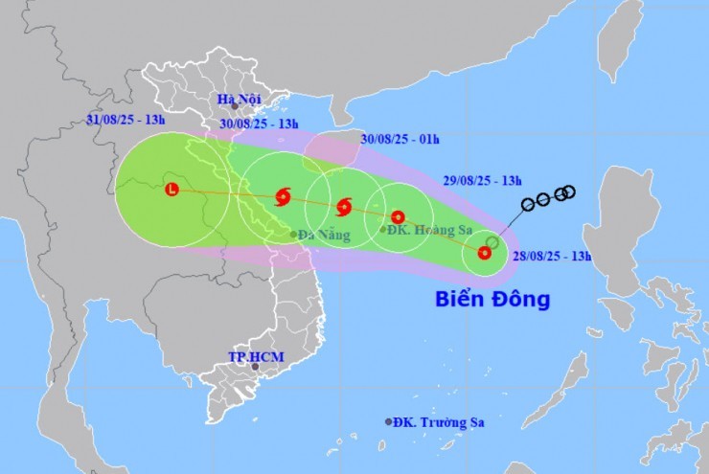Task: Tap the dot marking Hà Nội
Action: pos(234,108)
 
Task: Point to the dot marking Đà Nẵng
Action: pos(294,235)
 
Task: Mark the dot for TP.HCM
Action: pos(255,367)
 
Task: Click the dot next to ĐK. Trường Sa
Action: pos(389,422)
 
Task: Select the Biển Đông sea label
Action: pos(492,299)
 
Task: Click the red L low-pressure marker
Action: pos(172,190)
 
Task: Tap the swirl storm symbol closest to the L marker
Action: pos(282,197)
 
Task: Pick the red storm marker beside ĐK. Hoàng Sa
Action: pos(398,217)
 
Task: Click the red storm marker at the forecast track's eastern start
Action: pos(484,254)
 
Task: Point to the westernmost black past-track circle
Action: pos(527,205)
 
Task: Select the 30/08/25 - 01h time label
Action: pos(400,139)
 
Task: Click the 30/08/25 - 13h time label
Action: pos(261,123)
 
